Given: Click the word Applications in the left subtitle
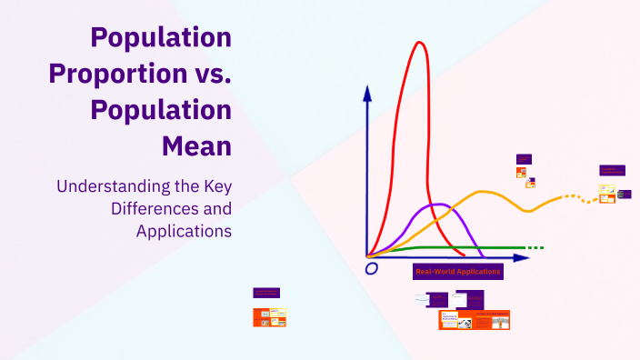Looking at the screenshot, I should tap(184, 231).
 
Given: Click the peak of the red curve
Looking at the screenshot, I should tap(418, 43).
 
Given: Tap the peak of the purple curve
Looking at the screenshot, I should tap(436, 205).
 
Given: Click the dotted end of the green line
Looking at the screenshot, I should tap(535, 247).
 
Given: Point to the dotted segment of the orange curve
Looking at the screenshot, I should tap(577, 197).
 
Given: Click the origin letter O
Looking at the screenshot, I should tap(371, 269).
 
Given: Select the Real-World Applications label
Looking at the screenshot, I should tap(457, 272).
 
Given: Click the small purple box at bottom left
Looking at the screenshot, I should tap(266, 293).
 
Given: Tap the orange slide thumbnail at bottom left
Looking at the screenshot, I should tap(269, 317).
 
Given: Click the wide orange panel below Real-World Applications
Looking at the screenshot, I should tap(474, 319).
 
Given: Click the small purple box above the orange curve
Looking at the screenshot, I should tap(524, 159).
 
